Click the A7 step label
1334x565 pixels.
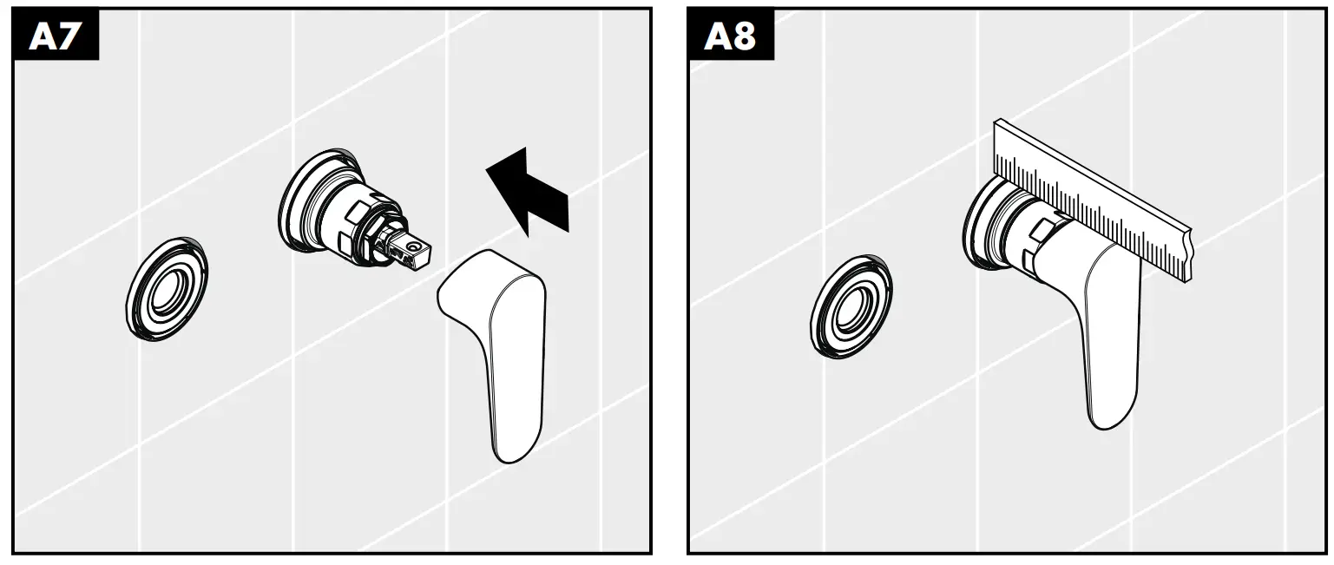[x=55, y=36]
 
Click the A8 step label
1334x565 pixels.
[x=730, y=36]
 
